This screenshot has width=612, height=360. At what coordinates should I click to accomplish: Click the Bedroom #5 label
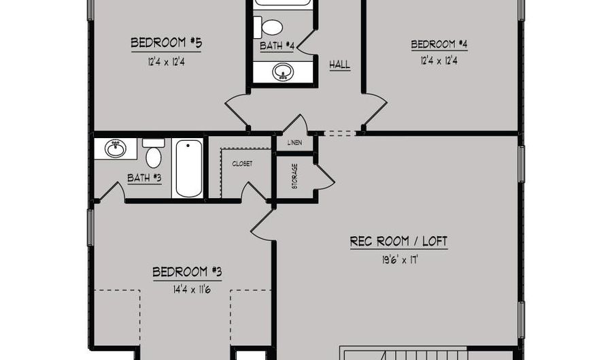tap(167, 43)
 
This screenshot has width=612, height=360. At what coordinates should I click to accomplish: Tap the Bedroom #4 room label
tap(439, 44)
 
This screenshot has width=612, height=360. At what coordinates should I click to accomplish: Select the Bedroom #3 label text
tap(188, 272)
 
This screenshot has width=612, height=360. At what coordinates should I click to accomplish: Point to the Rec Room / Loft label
tap(398, 242)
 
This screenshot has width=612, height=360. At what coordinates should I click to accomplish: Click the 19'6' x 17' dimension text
tap(400, 260)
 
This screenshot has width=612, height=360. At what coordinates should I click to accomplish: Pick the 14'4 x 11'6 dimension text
tap(192, 290)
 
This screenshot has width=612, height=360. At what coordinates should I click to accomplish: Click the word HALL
tap(339, 65)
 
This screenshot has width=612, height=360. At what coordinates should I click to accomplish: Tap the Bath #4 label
tap(277, 46)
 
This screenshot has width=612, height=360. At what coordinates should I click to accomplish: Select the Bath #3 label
tap(144, 178)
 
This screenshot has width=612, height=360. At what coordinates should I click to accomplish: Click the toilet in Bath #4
tap(268, 27)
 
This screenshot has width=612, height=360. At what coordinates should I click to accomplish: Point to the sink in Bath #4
tap(283, 72)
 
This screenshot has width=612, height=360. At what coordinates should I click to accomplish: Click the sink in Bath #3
tap(116, 148)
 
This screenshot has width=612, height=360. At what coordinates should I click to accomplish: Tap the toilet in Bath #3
tap(154, 153)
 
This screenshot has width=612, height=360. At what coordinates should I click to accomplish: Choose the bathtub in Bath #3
tap(188, 168)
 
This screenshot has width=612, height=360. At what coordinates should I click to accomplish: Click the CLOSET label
tap(242, 164)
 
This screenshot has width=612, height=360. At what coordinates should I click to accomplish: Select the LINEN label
tap(294, 142)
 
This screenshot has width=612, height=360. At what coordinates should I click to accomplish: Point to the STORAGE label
tap(294, 176)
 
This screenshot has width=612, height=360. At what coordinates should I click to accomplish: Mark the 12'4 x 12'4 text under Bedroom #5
tap(167, 62)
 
